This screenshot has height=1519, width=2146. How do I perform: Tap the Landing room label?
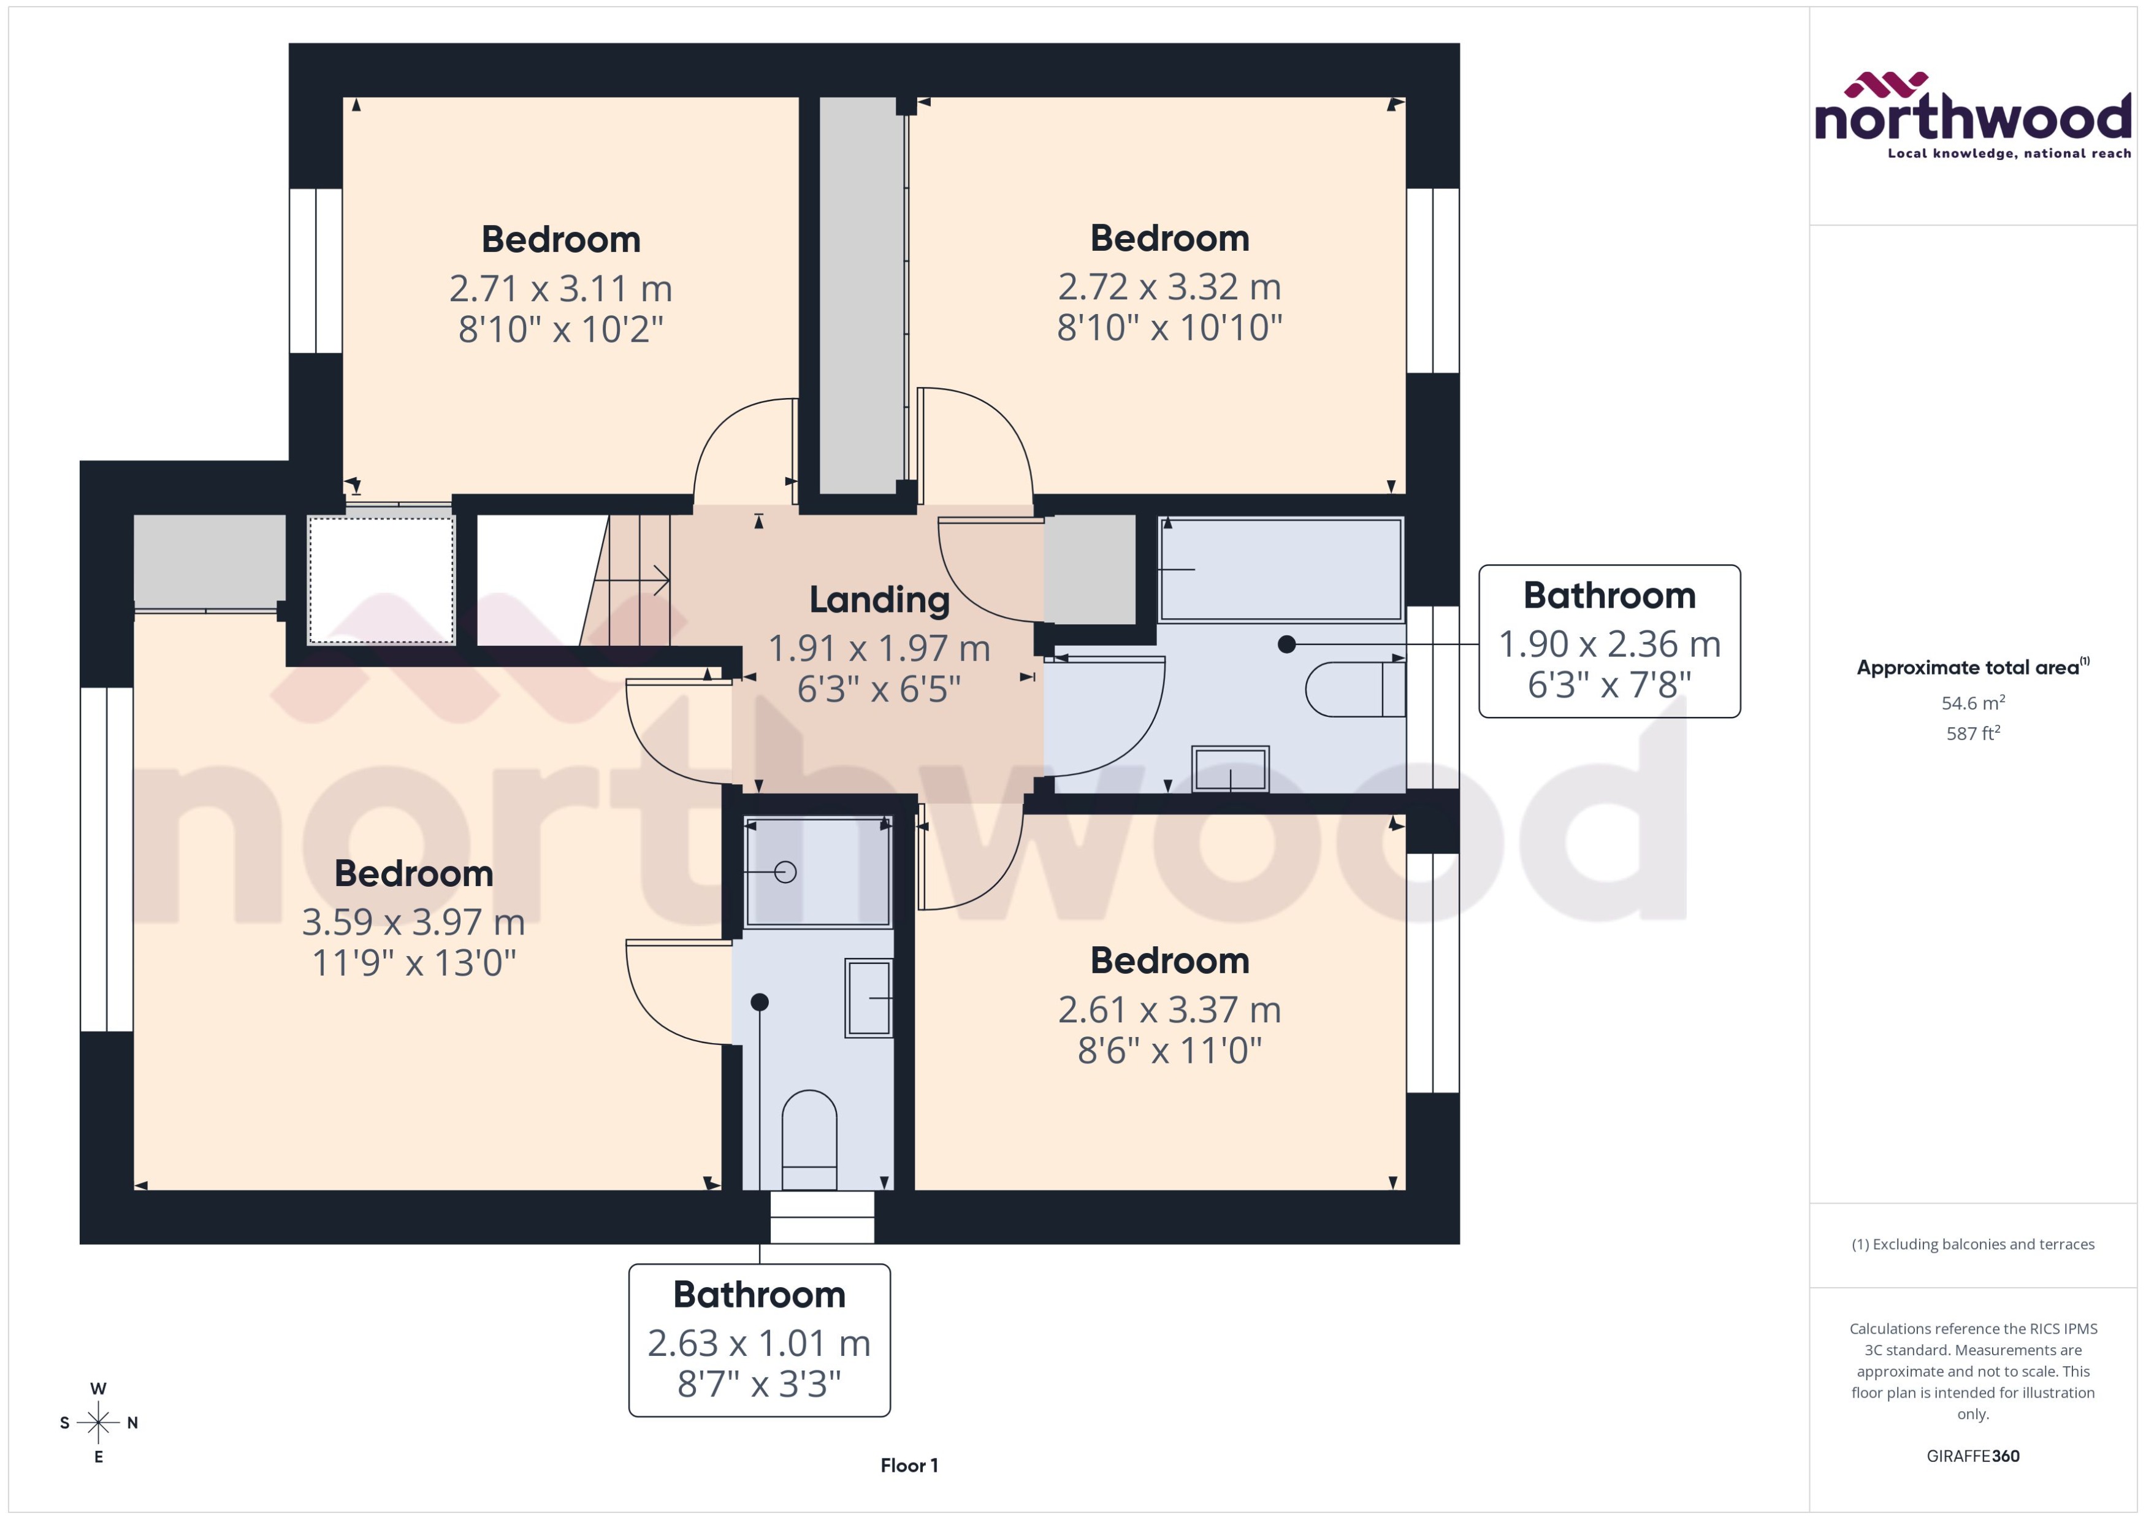pos(879,600)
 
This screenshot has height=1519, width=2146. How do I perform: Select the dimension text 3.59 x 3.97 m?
pos(413,922)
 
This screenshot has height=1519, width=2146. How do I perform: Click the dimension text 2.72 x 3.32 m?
pos(1169,287)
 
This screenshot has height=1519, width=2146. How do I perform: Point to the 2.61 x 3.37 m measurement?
pos(1169,1010)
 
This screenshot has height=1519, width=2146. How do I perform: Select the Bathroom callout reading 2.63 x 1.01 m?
pos(758,1341)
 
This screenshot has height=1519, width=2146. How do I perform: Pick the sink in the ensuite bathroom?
pos(869,998)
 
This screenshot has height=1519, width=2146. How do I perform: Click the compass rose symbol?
pos(98,1423)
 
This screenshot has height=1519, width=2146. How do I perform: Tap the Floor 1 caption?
pos(909,1466)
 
